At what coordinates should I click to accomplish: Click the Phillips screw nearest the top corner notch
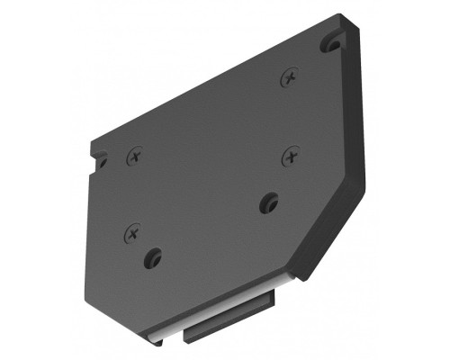click(289, 78)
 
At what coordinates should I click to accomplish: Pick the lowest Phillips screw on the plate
click(133, 234)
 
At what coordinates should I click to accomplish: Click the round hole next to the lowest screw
click(153, 259)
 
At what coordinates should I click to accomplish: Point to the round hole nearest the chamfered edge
click(268, 202)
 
